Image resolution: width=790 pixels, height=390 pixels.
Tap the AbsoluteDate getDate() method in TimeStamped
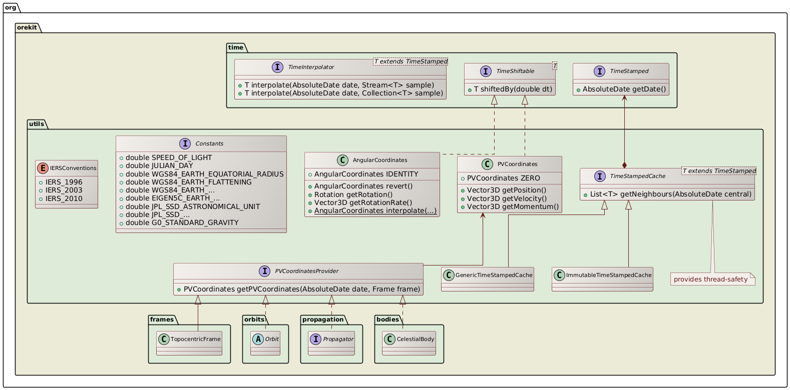pos(624,89)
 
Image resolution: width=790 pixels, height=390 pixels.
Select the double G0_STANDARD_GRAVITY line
pos(182,222)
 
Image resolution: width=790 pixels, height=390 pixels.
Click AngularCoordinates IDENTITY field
pos(366,174)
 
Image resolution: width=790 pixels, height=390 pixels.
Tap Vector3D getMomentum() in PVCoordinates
pos(513,206)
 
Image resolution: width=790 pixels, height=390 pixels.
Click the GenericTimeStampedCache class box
pos(488,279)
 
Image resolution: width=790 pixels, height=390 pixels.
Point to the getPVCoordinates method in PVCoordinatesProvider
pos(302,289)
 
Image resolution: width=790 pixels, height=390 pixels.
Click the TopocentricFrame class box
pos(189,343)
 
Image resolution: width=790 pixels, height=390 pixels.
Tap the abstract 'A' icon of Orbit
pos(257,339)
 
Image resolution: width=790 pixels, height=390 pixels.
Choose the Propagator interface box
pos(331,343)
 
